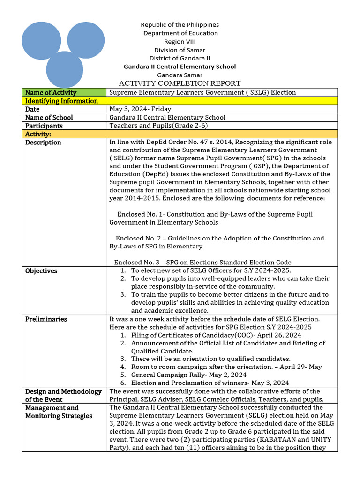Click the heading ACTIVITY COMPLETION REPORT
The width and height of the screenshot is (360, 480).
(180, 83)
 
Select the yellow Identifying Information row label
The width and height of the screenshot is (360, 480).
(61, 101)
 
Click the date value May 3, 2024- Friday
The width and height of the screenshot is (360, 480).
(140, 109)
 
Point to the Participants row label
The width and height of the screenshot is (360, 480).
(44, 126)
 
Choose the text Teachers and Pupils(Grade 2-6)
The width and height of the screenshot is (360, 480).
(158, 126)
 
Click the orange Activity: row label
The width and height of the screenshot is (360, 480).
(38, 134)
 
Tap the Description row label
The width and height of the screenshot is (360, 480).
(43, 142)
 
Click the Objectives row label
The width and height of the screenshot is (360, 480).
(41, 271)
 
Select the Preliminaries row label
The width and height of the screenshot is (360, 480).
(46, 319)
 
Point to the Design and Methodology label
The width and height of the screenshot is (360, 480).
(63, 395)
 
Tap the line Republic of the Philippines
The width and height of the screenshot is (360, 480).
(180, 24)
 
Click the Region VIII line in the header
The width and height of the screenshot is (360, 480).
(180, 41)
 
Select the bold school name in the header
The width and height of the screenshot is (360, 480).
(180, 67)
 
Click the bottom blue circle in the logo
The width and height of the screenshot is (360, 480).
(65, 69)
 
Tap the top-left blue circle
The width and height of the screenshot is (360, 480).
(41, 40)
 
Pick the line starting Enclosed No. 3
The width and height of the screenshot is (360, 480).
(202, 262)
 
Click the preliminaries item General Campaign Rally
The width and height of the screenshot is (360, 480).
(188, 375)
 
